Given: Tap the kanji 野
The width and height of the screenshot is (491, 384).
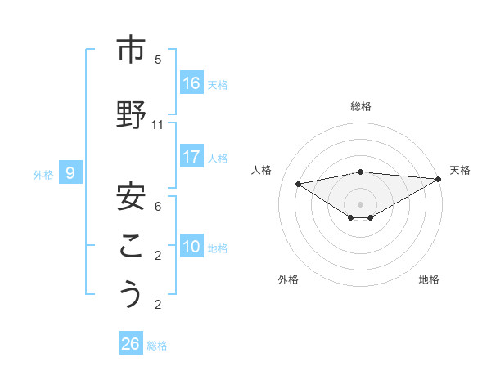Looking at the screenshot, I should (130, 115).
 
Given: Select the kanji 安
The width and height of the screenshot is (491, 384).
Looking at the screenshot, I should (130, 196).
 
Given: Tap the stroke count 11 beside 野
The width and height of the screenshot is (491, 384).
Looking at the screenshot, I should (158, 125).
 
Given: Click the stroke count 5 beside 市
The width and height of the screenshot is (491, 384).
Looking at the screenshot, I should (158, 60).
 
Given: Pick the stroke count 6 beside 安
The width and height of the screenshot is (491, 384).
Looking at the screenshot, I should (158, 207).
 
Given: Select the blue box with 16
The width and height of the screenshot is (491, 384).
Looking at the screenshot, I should (191, 83).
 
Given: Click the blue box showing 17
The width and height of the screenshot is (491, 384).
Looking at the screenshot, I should (191, 157).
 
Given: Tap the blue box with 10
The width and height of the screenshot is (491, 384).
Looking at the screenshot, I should (191, 247).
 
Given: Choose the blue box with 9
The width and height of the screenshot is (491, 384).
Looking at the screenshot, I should (71, 173).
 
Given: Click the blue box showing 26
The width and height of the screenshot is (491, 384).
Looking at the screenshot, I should (131, 344).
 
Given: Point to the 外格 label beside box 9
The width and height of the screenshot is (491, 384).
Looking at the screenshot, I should (43, 174).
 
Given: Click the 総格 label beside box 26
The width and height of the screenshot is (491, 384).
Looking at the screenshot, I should (157, 346).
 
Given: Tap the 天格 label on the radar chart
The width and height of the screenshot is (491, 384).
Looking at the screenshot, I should (460, 170).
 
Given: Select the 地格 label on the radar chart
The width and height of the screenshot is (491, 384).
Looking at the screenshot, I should (429, 279).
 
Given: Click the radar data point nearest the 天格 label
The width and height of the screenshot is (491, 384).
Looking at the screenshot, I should (438, 179).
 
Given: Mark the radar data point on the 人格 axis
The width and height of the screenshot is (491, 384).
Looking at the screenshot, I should (298, 183).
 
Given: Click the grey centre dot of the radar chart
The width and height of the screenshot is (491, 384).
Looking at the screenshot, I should (360, 203).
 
